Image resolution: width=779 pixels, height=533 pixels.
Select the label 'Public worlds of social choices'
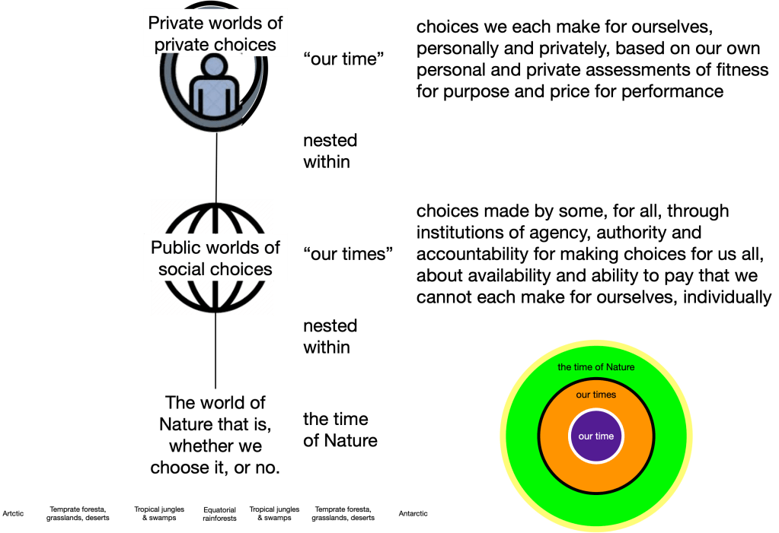tap(216, 258)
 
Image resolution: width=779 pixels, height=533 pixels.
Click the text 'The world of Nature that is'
tap(216, 413)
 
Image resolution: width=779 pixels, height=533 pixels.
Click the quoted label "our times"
tap(347, 253)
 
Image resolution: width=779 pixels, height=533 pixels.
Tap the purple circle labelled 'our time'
tap(595, 436)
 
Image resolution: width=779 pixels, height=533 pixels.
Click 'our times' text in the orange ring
tap(595, 395)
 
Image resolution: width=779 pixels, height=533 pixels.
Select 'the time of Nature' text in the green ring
tap(595, 366)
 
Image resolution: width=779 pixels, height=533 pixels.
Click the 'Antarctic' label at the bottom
tap(413, 514)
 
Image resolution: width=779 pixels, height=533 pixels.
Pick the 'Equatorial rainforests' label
tap(219, 514)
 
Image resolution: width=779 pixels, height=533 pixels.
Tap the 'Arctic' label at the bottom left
tap(13, 514)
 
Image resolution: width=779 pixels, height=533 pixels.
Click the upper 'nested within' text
tap(330, 151)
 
